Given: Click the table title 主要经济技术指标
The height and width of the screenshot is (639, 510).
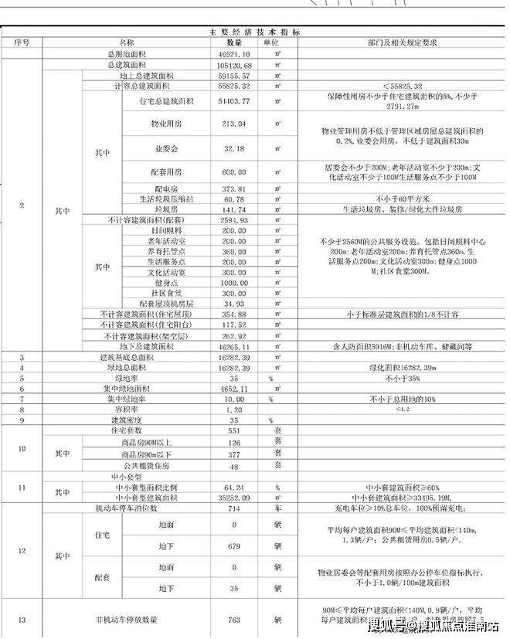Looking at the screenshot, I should [x=255, y=32].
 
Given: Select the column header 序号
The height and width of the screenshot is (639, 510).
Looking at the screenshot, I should [x=22, y=42].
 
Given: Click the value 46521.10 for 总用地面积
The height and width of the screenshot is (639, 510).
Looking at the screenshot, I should [x=234, y=56].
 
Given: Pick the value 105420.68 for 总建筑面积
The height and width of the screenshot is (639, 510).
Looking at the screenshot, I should [x=234, y=66].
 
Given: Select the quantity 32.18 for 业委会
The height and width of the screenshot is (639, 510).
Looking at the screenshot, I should [x=234, y=148].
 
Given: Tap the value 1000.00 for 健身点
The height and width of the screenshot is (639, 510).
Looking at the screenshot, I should [x=234, y=283].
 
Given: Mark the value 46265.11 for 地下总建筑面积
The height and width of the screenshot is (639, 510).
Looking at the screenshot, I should [x=234, y=347].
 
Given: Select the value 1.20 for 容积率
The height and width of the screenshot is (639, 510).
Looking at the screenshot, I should [x=234, y=410].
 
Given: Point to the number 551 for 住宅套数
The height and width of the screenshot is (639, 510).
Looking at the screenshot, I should [x=234, y=430].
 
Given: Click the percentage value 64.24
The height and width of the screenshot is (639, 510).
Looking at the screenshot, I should [x=234, y=488].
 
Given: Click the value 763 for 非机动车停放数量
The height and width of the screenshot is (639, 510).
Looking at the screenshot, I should [x=234, y=620].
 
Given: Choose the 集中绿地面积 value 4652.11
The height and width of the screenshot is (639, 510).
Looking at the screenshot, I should [x=234, y=389].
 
